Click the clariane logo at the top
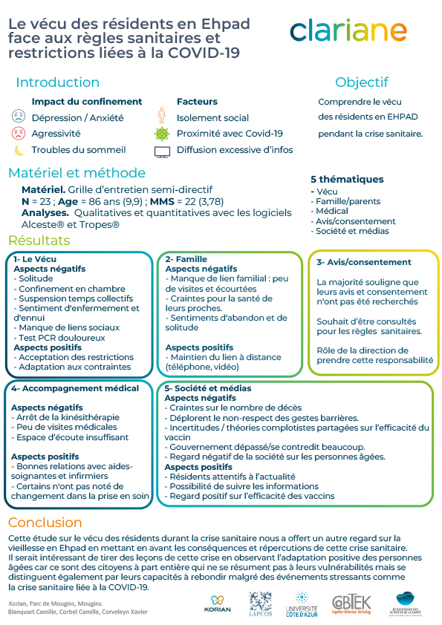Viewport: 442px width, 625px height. pos(348,30)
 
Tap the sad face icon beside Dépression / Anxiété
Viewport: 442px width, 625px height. pos(19,117)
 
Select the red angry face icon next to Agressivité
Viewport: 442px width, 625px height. pos(19,134)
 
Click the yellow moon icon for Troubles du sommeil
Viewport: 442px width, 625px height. pos(19,150)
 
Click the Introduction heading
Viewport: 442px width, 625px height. pos(57,82)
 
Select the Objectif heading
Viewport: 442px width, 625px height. pos(361,82)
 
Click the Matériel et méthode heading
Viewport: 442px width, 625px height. pos(77,173)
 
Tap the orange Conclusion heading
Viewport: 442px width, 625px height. pos(45,522)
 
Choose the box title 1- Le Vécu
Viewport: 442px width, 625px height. pos(35,259)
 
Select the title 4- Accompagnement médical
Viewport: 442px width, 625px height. pos(75,388)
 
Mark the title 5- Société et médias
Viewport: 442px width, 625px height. pos(208,388)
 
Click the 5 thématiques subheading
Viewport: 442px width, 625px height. pos(347,179)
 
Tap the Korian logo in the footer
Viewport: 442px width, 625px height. pos(217,603)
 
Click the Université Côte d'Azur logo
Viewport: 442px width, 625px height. pos(302,604)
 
